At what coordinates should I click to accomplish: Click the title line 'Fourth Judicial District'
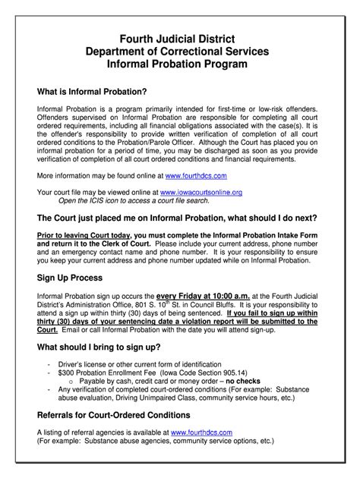pos(180,39)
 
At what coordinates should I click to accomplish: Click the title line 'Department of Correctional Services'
pos(180,52)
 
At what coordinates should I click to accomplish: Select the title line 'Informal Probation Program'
pos(180,65)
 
